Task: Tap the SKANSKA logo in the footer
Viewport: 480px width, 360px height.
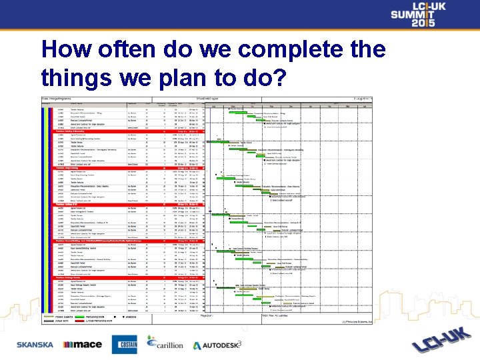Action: [x=35, y=345]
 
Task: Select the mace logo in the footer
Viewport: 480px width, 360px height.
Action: [x=82, y=345]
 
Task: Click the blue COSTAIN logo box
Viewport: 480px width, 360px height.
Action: [x=124, y=344]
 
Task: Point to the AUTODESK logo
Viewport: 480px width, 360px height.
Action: [x=217, y=345]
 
